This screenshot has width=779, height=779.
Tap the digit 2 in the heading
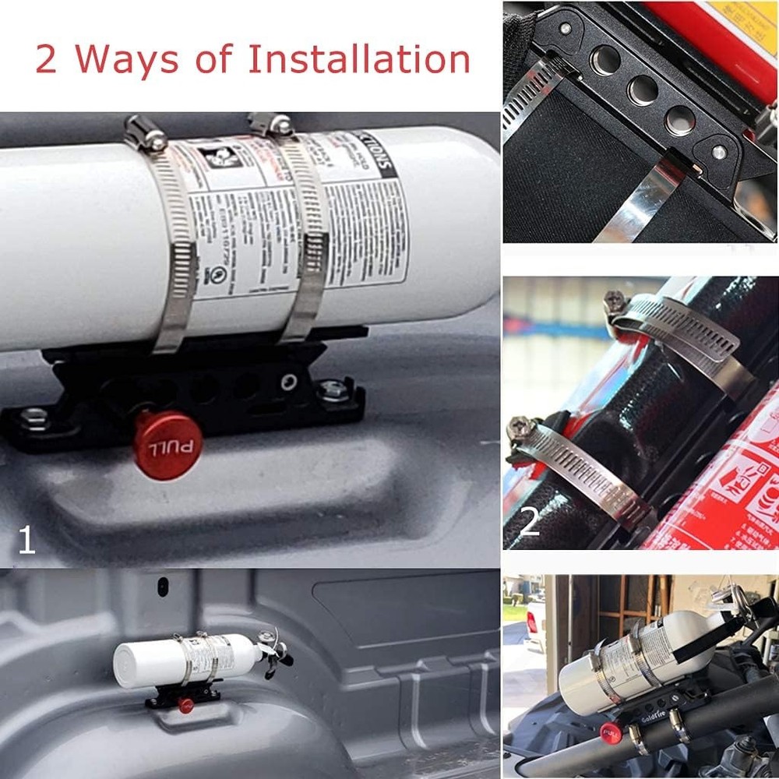[46, 60]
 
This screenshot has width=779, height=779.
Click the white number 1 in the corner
[26, 541]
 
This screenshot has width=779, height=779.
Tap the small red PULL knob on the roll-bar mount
[609, 732]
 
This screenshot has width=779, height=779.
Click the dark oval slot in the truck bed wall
[163, 586]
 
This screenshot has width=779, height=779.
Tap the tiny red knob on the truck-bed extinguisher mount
[185, 705]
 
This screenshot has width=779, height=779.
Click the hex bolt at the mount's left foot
[33, 418]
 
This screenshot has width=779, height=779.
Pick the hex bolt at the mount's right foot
[333, 389]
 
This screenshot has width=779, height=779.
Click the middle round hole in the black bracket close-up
[643, 90]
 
